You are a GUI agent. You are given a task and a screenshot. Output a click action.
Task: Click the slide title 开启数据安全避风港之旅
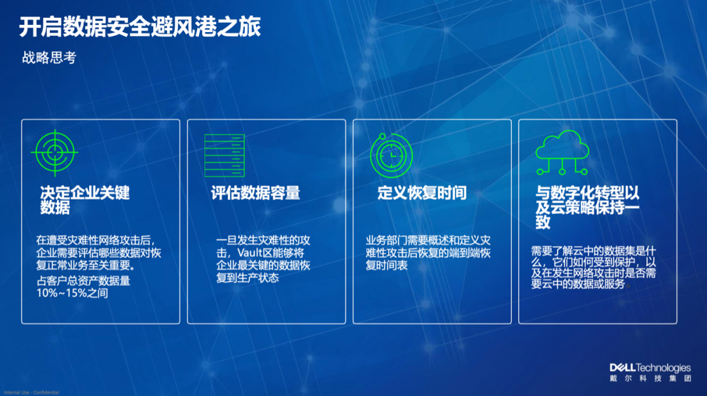coord(139,27)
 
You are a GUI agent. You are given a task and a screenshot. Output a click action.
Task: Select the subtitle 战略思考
coord(49,58)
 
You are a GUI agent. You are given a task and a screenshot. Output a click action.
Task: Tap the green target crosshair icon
coord(54,153)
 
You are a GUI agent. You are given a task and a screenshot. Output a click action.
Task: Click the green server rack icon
coord(224,155)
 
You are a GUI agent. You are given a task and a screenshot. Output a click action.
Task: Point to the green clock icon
coord(391,156)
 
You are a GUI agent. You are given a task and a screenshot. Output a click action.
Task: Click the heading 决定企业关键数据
coord(85,200)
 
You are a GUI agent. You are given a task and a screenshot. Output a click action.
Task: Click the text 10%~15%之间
coord(72,294)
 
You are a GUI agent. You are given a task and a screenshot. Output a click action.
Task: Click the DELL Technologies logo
coord(649,368)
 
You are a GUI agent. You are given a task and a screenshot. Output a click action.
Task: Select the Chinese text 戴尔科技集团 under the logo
coord(650,378)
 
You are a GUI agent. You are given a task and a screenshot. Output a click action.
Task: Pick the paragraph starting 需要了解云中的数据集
coord(593,267)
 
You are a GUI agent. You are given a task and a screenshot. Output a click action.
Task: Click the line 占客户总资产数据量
coord(83,281)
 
